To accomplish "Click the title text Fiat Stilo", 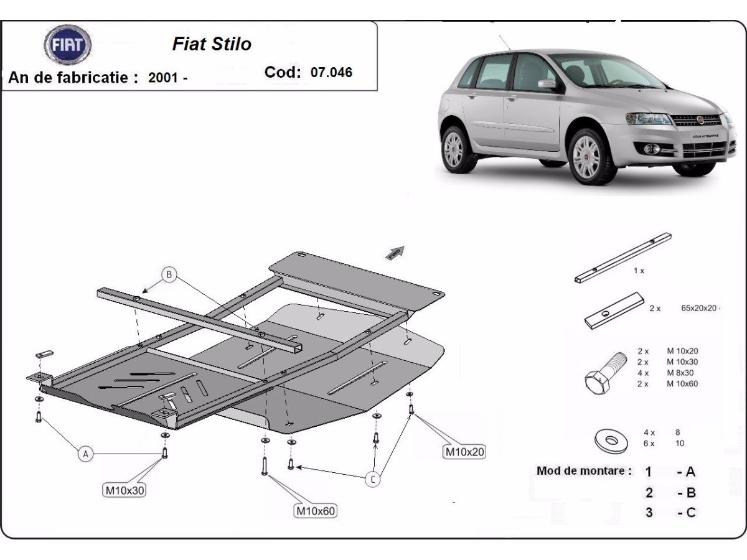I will point(212,44).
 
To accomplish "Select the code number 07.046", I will point(331,72).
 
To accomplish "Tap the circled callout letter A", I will point(86,454).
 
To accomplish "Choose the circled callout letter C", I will point(372,479).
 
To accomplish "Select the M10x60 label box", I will point(315,511).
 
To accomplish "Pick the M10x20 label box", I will point(464,452).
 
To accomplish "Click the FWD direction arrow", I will point(395,253).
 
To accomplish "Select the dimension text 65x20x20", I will point(700,308).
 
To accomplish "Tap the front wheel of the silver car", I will point(586,156).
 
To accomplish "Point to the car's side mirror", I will point(547,83).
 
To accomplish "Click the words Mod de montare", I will point(584,471).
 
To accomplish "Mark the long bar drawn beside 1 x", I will point(622,256).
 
